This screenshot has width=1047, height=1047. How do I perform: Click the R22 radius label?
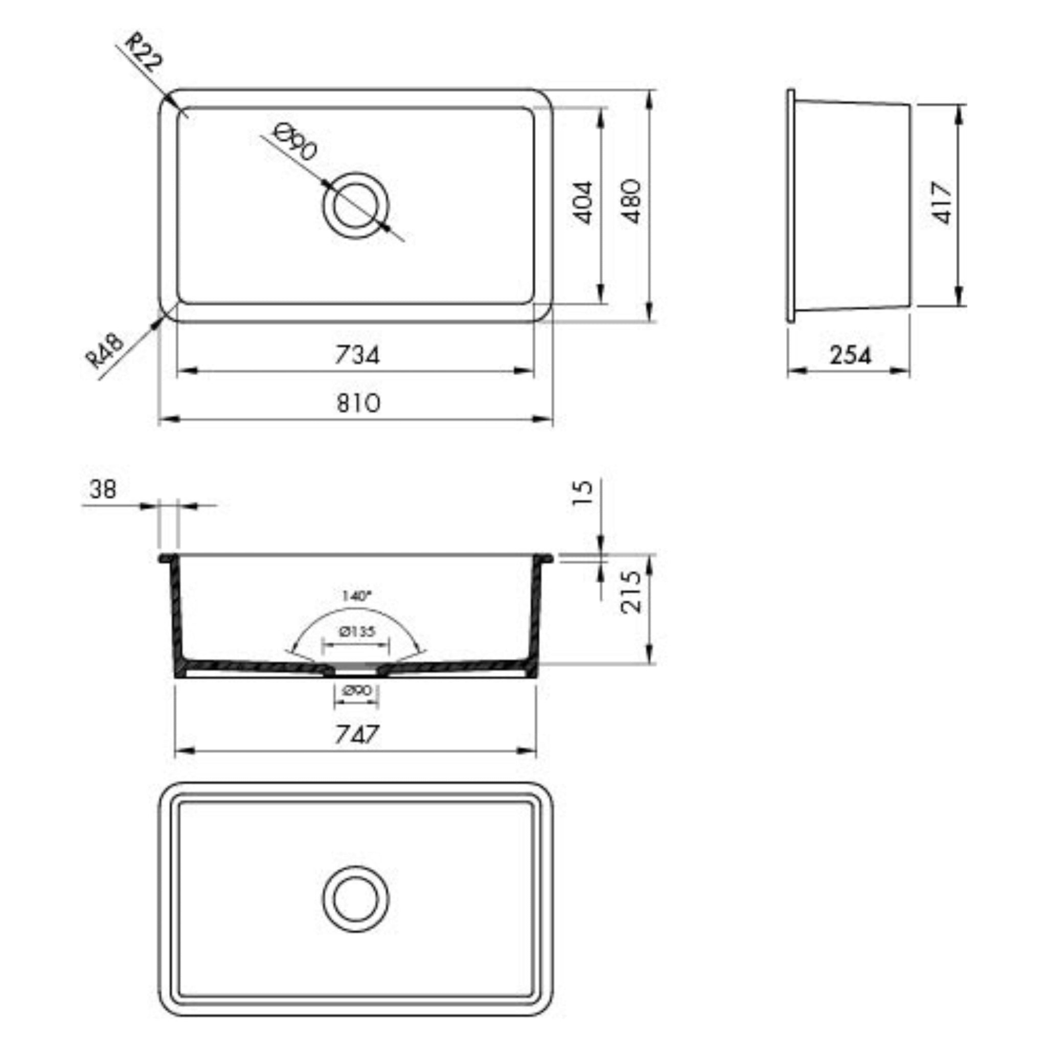click(143, 54)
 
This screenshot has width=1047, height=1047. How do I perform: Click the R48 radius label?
click(105, 351)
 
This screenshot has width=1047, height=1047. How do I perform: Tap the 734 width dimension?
click(357, 355)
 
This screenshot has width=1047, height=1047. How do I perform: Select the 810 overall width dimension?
click(358, 403)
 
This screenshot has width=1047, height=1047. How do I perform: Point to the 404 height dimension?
click(583, 202)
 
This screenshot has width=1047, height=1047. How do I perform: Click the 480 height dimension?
click(631, 201)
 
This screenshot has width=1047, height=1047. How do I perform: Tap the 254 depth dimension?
click(850, 355)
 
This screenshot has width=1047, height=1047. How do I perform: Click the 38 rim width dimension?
click(102, 489)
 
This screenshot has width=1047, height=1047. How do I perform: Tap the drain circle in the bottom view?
click(355, 900)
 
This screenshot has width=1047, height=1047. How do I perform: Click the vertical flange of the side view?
click(791, 206)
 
